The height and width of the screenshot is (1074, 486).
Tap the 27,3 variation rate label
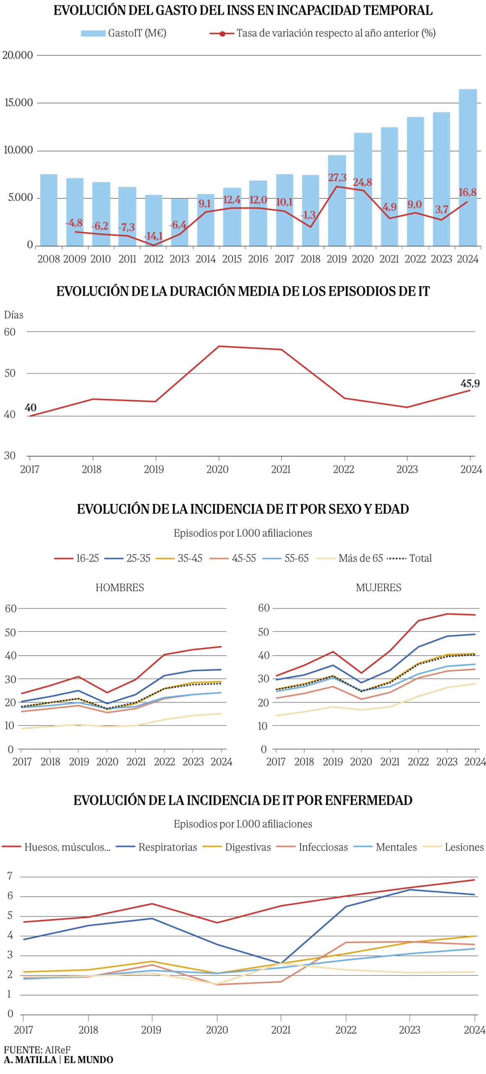pos(337,177)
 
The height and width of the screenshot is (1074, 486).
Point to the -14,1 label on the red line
pos(153,236)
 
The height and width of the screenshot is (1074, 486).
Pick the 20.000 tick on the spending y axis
pos(18,55)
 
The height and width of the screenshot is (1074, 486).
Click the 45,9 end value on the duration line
pos(470,383)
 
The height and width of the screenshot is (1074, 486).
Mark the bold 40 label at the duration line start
pos(31,407)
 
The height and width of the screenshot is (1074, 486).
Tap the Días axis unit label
pos(14,315)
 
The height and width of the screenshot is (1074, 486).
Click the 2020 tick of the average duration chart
pos(217,469)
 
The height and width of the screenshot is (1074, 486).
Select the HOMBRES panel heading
pos(120,587)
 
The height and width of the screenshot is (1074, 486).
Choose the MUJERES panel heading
pos(378,587)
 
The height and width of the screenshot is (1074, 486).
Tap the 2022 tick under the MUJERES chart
pos(418,761)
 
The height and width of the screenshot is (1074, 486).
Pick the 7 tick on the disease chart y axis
pos(10,876)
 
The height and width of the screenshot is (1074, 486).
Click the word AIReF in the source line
pos(57,1049)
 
